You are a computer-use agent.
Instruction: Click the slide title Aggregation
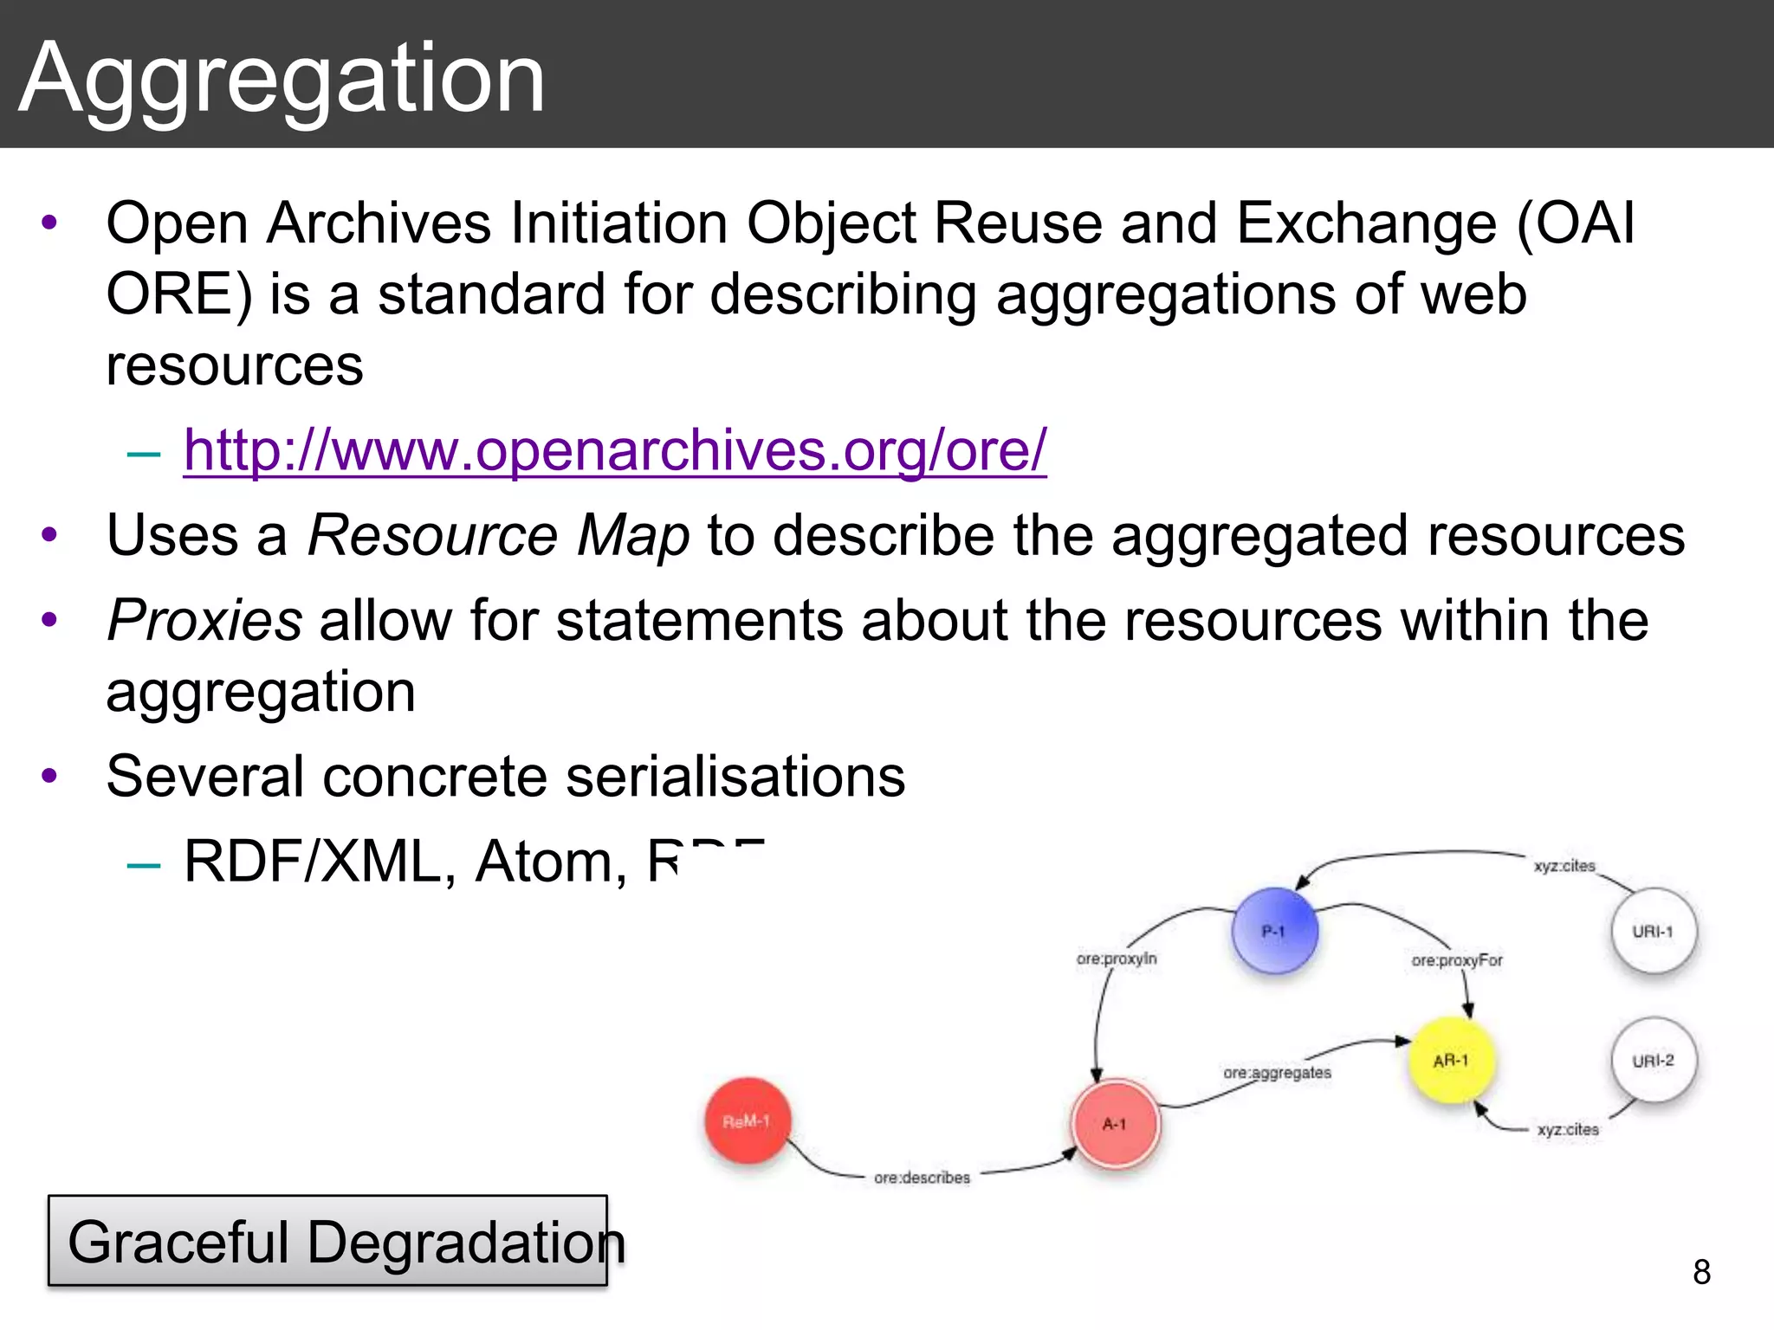pos(282,80)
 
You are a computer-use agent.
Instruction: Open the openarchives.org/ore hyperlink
pos(615,450)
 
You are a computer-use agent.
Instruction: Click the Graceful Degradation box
pos(328,1241)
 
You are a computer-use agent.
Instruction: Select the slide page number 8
pos(1701,1272)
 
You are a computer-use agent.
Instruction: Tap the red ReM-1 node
pos(747,1121)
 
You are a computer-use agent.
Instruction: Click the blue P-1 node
pos(1274,931)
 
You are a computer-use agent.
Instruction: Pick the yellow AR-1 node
pos(1452,1061)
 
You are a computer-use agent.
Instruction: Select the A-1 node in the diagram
pos(1115,1124)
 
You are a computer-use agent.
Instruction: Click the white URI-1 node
pos(1653,932)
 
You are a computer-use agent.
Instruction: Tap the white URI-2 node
pos(1654,1061)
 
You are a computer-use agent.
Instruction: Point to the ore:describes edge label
pos(922,1178)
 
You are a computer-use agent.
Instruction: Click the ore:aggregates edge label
pos(1277,1073)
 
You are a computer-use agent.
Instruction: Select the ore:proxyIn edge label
pos(1117,959)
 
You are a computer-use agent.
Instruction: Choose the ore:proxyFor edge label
pos(1457,960)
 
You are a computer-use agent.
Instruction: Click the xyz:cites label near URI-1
pos(1564,866)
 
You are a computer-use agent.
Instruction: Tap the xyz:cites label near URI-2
pos(1568,1129)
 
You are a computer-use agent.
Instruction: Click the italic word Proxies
pos(204,620)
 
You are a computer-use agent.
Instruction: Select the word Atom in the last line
pos(551,862)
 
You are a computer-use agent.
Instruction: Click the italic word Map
pos(633,535)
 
